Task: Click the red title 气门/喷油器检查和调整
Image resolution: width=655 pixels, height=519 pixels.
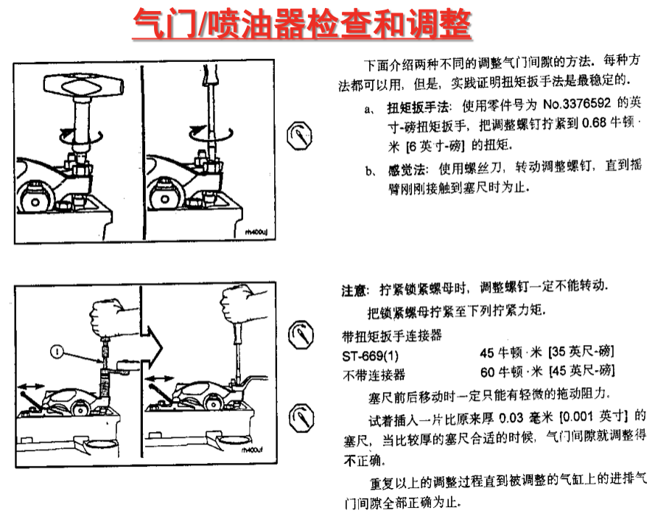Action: (x=302, y=24)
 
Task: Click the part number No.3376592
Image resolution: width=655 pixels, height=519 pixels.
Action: (x=576, y=104)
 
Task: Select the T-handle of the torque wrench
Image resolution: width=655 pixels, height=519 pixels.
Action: (x=84, y=86)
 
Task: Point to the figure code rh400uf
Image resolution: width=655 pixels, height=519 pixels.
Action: (x=252, y=450)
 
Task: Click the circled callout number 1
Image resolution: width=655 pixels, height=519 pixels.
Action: (x=57, y=352)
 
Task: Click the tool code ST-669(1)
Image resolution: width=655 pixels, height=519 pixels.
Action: (x=370, y=356)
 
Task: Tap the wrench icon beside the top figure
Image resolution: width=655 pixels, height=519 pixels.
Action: (x=300, y=136)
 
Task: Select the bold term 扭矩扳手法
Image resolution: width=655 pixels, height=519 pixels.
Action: (x=417, y=108)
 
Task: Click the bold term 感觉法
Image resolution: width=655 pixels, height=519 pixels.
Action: (x=406, y=170)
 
